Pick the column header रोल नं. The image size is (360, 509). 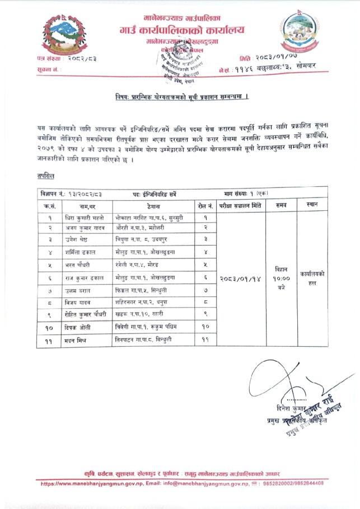[x=205, y=206]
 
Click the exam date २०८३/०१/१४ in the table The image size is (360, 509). [x=240, y=278]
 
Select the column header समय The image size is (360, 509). [x=281, y=206]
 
